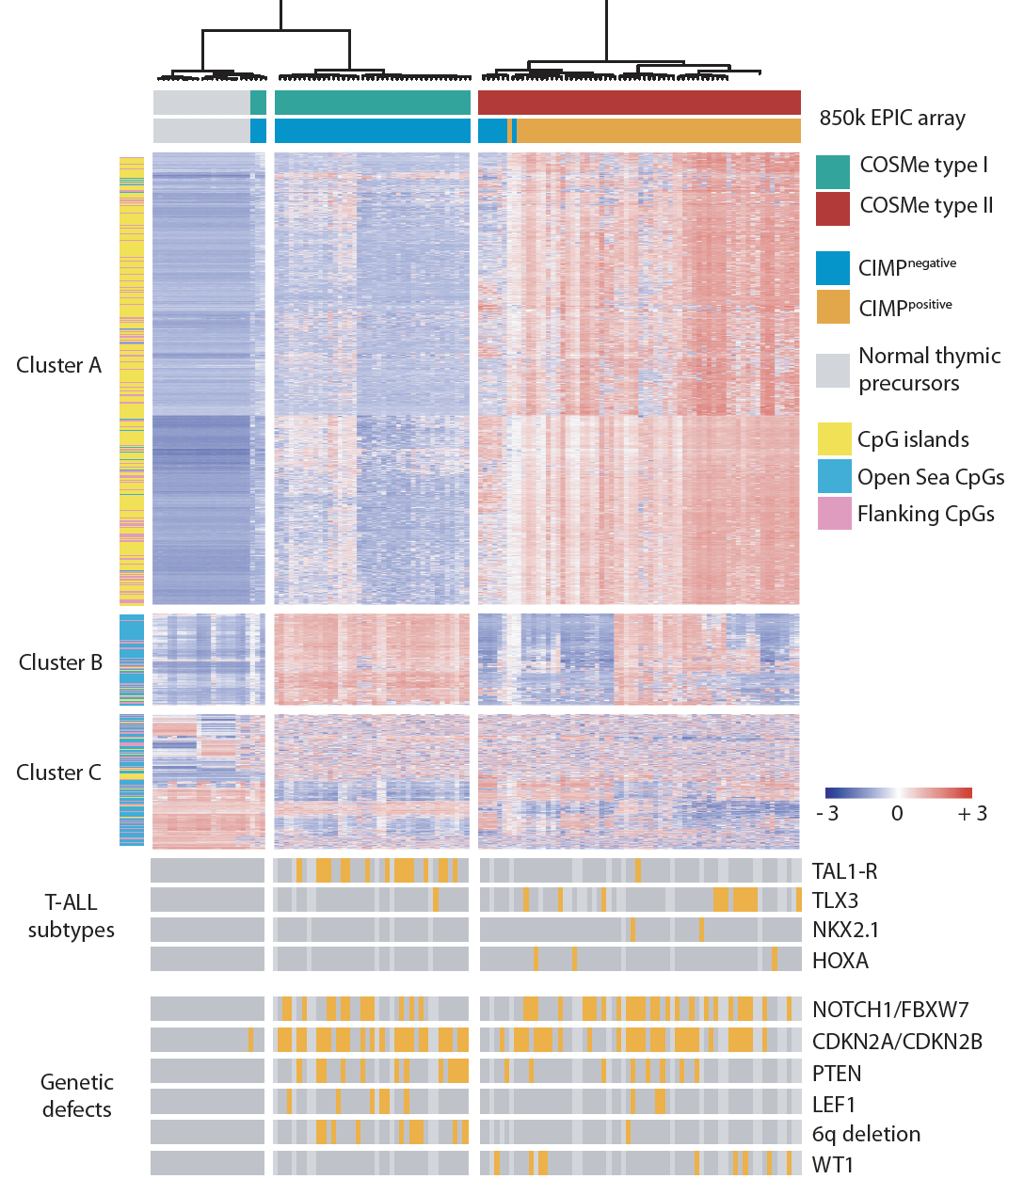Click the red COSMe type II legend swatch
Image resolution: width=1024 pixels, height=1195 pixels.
point(833,209)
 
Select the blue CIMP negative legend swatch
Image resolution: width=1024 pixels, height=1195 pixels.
point(833,268)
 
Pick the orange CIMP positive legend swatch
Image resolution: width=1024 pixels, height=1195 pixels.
point(833,307)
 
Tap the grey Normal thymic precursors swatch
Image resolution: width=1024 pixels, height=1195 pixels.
point(833,371)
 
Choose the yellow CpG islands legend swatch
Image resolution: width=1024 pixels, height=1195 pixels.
point(834,439)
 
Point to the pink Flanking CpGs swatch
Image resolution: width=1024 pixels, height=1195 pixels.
point(834,514)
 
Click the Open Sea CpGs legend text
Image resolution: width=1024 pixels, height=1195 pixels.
point(931,477)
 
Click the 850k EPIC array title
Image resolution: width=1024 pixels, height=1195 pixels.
point(892,119)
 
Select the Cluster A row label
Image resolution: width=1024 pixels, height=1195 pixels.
point(58,365)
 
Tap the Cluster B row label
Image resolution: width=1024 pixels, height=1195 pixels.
point(60,662)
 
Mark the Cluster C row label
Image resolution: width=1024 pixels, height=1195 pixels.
point(58,773)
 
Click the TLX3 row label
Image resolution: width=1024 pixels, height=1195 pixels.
point(836,900)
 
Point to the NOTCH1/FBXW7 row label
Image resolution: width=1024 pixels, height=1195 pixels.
point(890,1011)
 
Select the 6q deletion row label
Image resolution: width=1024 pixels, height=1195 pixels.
point(866,1134)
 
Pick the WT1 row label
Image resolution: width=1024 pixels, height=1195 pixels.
point(833,1165)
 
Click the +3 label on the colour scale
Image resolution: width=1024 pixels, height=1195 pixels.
point(972,814)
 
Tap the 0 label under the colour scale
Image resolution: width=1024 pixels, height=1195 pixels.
point(897,814)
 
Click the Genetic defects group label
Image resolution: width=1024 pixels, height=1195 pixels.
point(77,1095)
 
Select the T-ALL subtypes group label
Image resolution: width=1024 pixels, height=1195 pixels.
point(72,916)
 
